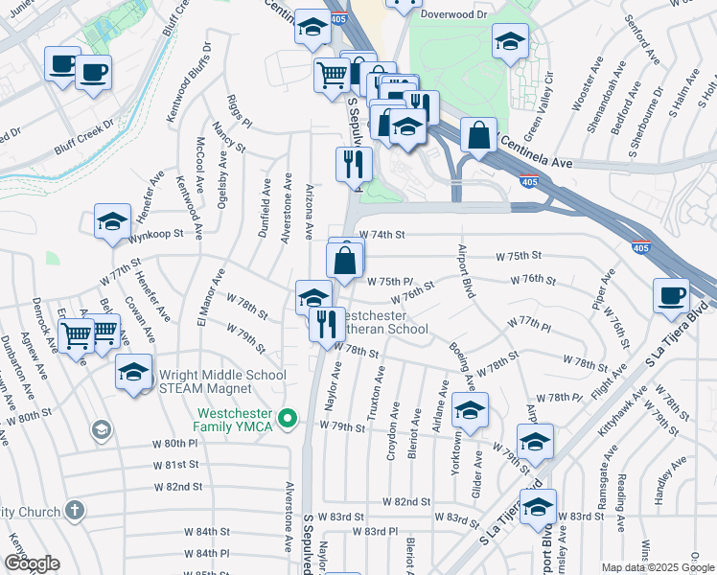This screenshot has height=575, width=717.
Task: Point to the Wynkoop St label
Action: coord(156,234)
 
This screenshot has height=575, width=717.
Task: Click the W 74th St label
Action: coord(382,234)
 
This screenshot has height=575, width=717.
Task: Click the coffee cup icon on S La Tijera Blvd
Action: coord(671,295)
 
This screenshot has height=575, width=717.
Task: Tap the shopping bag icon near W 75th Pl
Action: coord(345,259)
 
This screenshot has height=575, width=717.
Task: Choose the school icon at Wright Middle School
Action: coord(133,372)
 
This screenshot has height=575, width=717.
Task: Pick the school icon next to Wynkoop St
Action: coord(112,222)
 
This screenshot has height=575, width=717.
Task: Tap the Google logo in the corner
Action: coord(32,563)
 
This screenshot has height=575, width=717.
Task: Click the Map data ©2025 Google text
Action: coord(658,567)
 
